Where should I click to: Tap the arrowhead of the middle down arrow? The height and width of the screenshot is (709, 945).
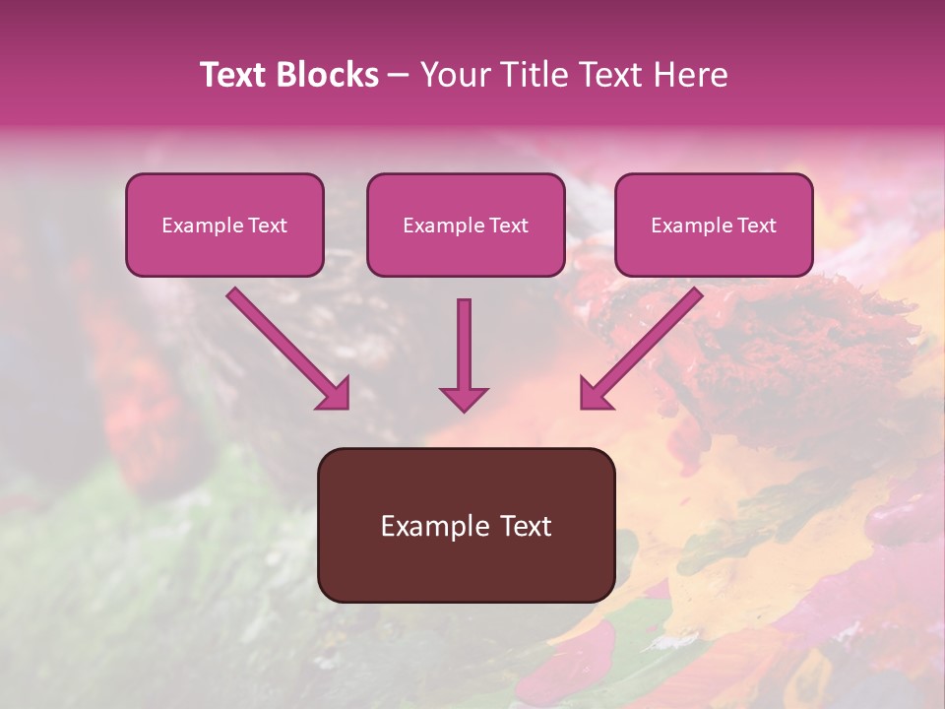[464, 398]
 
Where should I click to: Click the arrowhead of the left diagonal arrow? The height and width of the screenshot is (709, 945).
[335, 394]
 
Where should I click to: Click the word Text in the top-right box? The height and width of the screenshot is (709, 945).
[756, 226]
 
